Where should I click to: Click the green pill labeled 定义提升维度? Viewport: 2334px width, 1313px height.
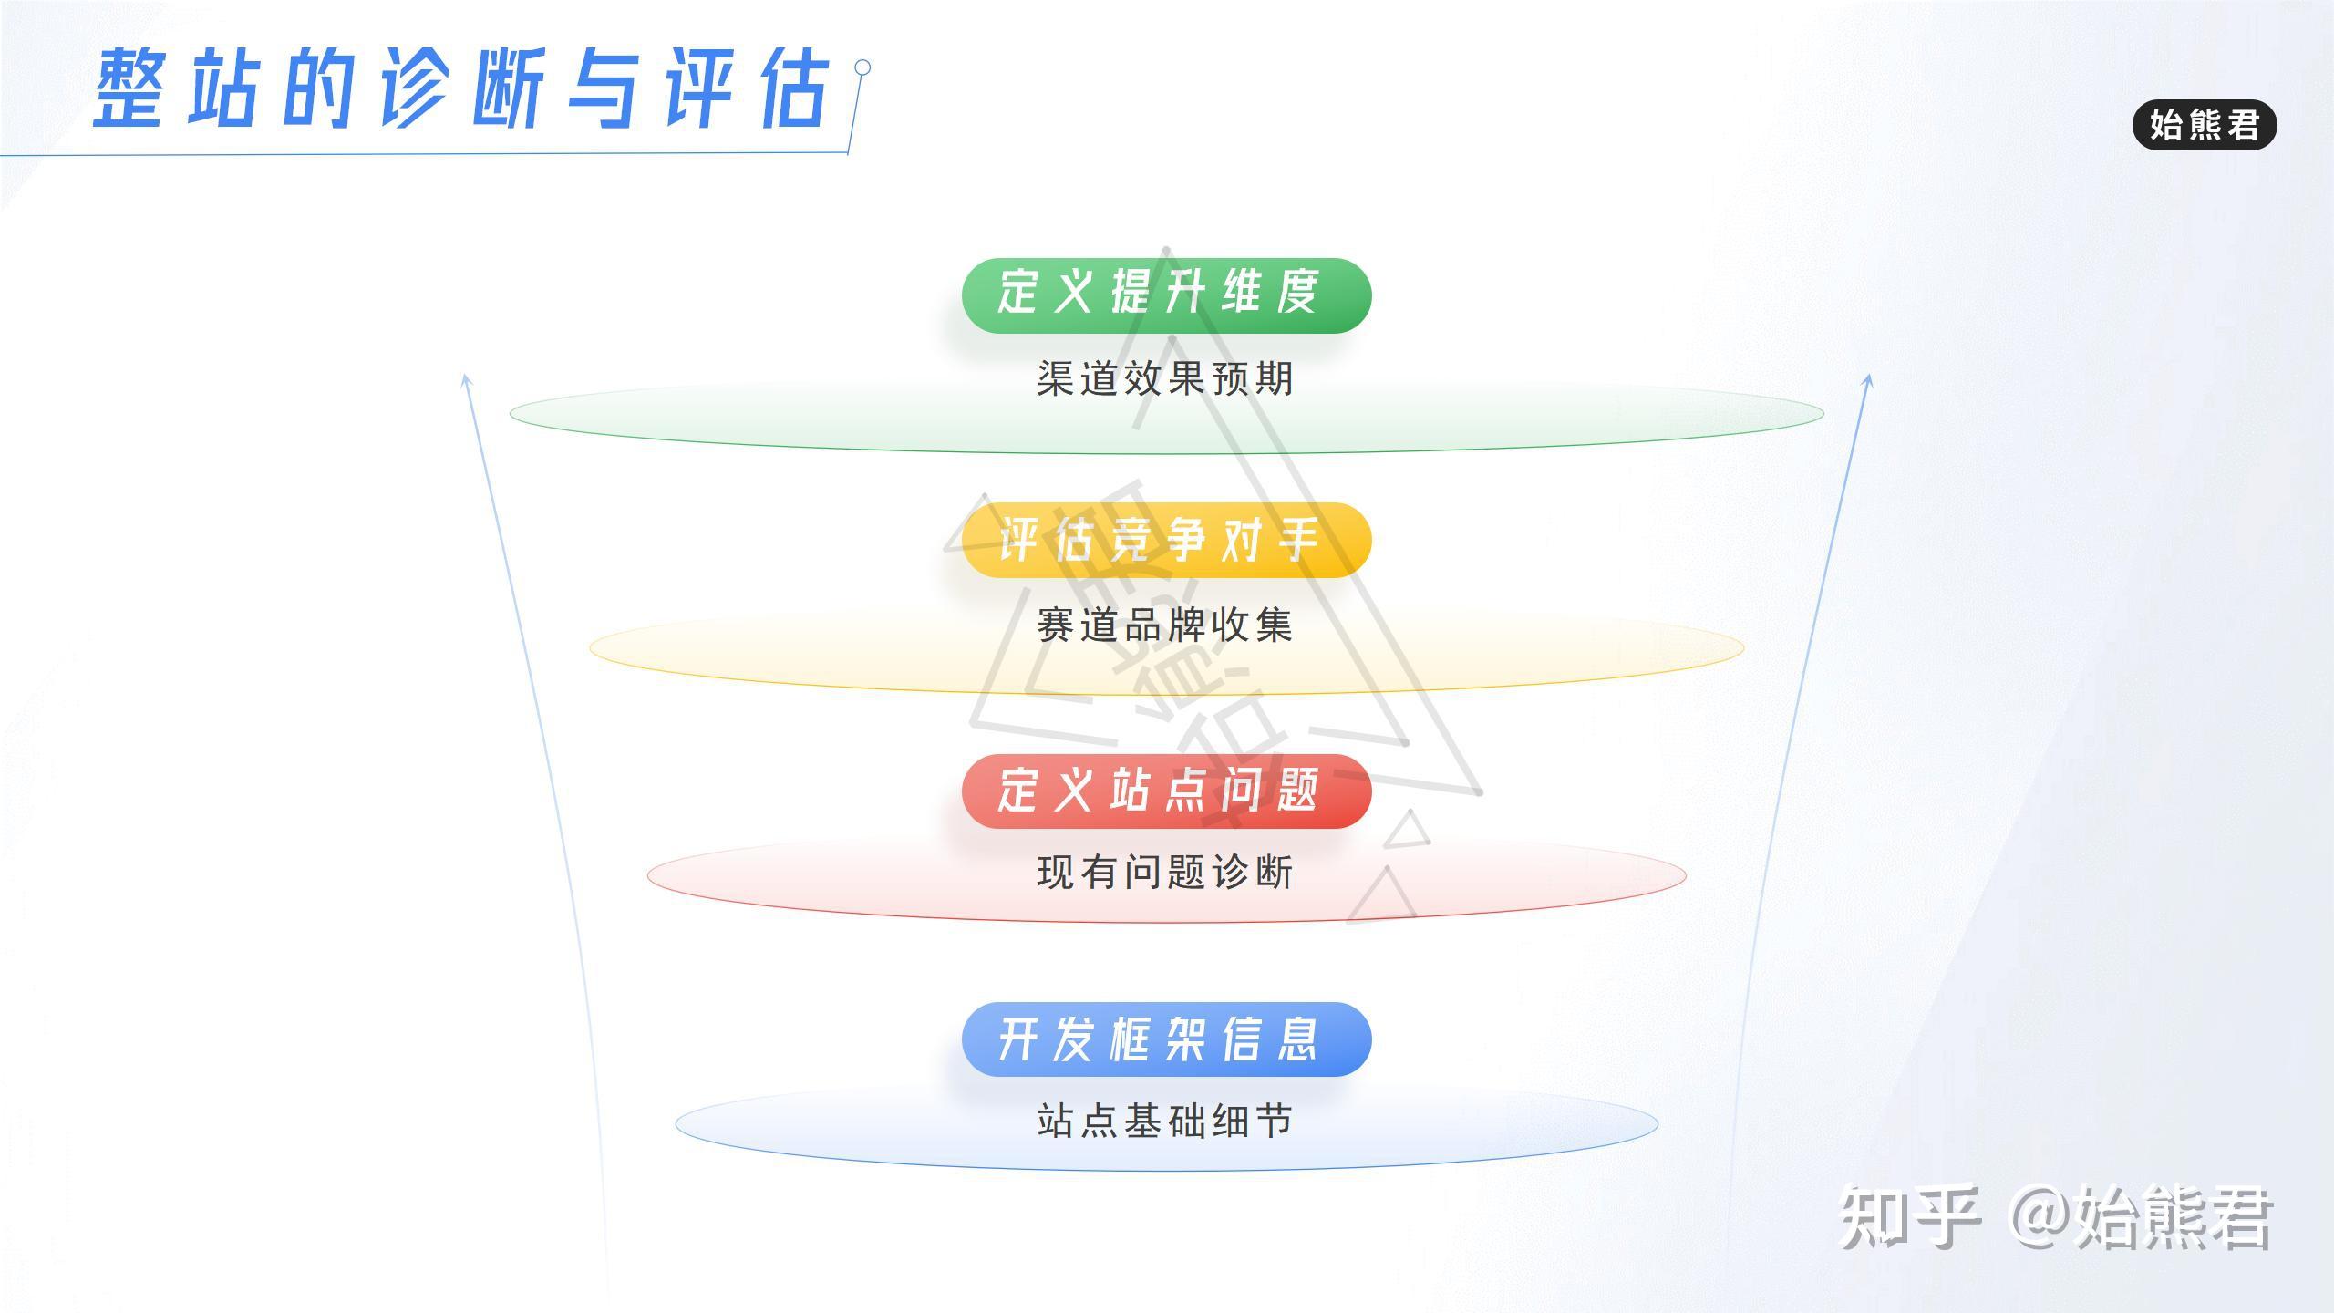[1166, 295]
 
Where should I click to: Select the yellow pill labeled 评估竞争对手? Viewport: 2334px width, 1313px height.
[1166, 540]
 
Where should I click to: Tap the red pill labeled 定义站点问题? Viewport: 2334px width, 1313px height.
[1166, 791]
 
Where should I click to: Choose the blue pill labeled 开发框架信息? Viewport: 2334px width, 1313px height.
[1166, 1039]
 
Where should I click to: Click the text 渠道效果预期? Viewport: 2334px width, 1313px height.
[1165, 378]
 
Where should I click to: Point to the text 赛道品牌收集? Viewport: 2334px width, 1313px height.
[1165, 625]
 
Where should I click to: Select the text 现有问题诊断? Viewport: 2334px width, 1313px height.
[1165, 872]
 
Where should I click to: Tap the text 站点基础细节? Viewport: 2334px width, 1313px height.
[1165, 1121]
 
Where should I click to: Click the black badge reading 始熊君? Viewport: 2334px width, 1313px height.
[2205, 124]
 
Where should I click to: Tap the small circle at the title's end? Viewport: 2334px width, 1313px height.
[862, 67]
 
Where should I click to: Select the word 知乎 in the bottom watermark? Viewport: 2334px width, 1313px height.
[1910, 1215]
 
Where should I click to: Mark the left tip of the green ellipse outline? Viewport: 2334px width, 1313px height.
[510, 414]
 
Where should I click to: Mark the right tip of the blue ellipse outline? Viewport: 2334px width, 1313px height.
[1658, 1124]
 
